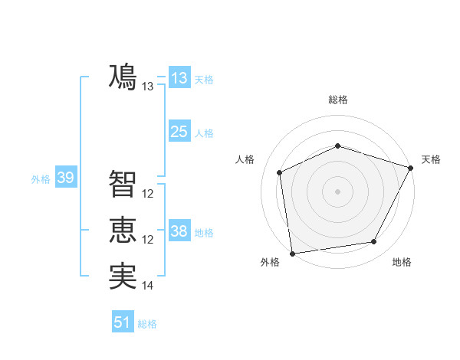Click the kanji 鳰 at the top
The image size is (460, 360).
click(x=123, y=77)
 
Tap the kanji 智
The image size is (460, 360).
click(x=123, y=184)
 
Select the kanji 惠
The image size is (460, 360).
click(x=123, y=231)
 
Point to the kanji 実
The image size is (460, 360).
click(x=123, y=277)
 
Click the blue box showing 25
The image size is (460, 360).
click(x=179, y=132)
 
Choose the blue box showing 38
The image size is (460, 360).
click(x=179, y=231)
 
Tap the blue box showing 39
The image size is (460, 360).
click(x=65, y=178)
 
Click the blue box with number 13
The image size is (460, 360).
click(x=179, y=78)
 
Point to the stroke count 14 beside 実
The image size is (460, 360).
click(x=148, y=286)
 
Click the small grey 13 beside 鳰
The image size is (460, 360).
click(x=148, y=87)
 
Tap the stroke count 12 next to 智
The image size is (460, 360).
click(x=148, y=194)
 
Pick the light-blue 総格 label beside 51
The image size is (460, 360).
click(x=147, y=324)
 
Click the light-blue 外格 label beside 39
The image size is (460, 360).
click(x=41, y=179)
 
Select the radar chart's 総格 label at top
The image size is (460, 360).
click(x=337, y=100)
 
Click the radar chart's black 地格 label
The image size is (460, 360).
click(x=402, y=263)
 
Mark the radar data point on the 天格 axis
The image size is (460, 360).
click(x=412, y=168)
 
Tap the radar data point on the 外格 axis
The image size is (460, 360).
click(x=292, y=253)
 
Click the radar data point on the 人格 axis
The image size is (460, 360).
click(x=280, y=172)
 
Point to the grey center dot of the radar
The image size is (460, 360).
click(x=337, y=191)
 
